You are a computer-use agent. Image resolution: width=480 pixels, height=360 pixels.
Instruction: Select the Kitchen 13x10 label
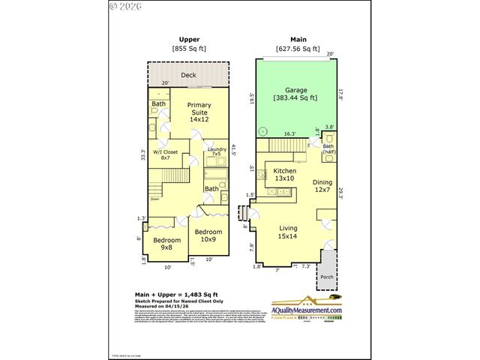click(284, 175)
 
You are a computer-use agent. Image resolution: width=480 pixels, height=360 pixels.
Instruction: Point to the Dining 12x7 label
click(323, 185)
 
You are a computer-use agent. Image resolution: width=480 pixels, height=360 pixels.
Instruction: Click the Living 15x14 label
click(288, 232)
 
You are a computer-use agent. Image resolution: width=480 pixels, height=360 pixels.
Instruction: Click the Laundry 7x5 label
click(217, 152)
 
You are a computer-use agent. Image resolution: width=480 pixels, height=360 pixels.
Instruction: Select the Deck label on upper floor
click(189, 75)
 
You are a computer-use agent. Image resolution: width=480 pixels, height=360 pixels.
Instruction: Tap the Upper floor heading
click(188, 39)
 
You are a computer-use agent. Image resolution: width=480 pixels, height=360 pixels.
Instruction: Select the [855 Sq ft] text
click(189, 49)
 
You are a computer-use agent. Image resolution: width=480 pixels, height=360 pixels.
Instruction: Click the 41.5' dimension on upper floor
click(234, 149)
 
